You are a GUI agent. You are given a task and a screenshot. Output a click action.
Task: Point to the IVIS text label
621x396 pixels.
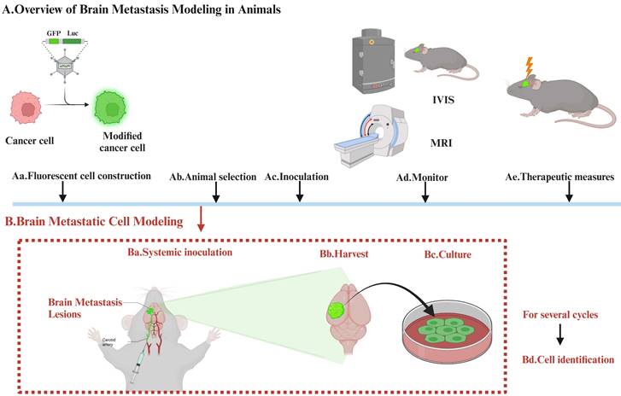point(443,100)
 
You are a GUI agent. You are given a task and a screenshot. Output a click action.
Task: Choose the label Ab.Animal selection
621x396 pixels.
point(213,178)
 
